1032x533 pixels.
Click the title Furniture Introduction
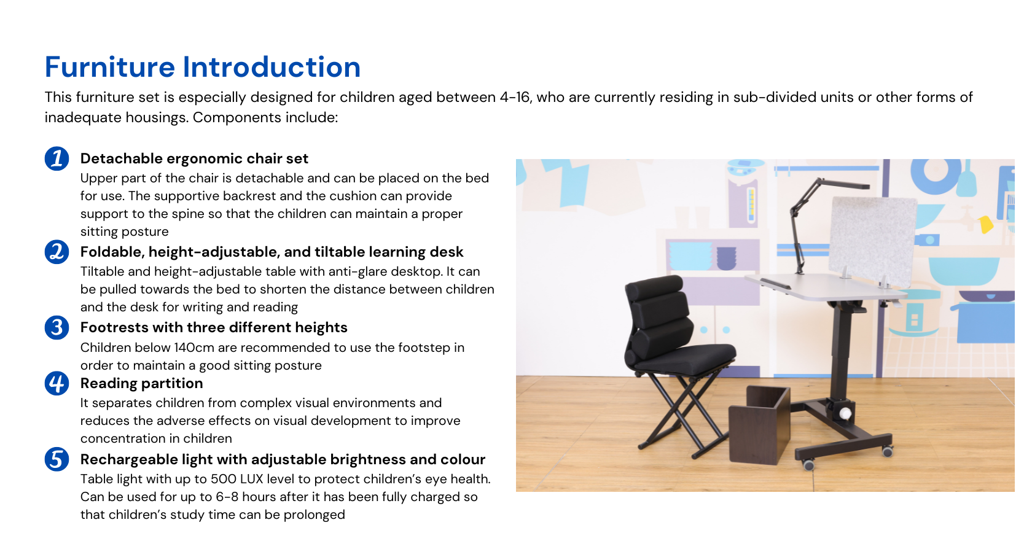click(x=203, y=67)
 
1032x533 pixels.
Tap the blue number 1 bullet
click(x=57, y=158)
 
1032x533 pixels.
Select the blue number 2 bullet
click(x=57, y=252)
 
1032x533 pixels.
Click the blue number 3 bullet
click(x=57, y=327)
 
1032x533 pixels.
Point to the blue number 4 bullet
click(x=57, y=383)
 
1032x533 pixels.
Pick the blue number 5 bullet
click(x=57, y=459)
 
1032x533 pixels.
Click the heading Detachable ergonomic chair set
click(x=194, y=158)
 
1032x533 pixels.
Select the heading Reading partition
click(x=141, y=383)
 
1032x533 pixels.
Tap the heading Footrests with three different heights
click(x=214, y=327)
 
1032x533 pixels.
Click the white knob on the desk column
click(x=846, y=414)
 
